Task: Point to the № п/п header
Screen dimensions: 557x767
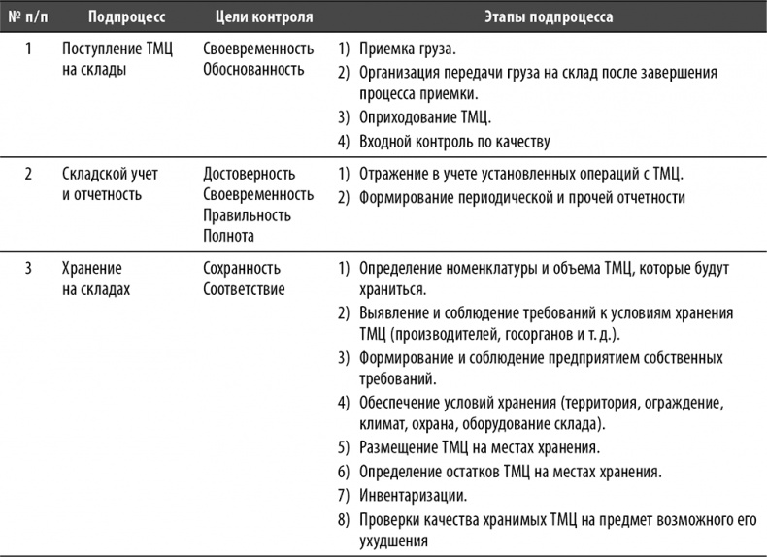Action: point(27,18)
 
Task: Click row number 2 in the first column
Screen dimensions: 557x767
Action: point(28,175)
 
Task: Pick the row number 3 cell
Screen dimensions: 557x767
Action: point(28,268)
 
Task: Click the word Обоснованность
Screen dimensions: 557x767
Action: point(253,69)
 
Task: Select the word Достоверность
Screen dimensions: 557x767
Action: point(250,175)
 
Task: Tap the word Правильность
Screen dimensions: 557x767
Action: point(248,214)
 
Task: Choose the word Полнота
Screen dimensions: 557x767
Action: point(229,235)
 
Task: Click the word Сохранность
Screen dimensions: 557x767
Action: point(243,268)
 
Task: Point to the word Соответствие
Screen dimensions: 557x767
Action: point(244,288)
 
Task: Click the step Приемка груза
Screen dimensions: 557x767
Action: point(407,49)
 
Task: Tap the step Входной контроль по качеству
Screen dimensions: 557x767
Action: point(454,142)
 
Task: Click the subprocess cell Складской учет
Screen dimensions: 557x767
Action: point(110,175)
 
